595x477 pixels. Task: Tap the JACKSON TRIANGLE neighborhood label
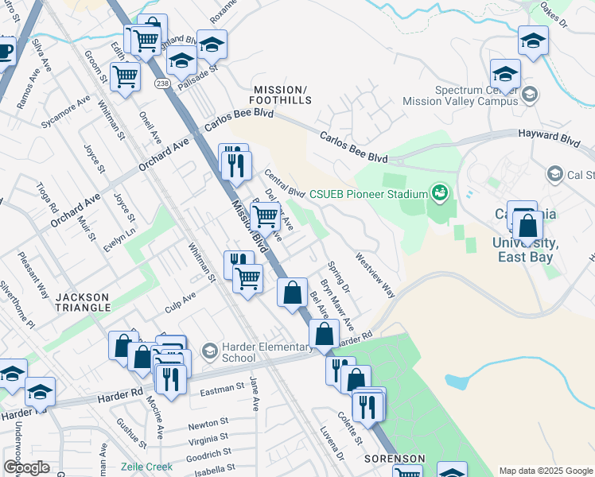[x=82, y=301]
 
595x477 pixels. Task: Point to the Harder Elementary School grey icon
[x=209, y=351]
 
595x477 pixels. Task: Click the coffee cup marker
[x=5, y=52]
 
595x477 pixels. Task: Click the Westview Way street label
[x=375, y=275]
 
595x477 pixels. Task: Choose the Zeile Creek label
[x=146, y=467]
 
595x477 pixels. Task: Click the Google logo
[x=26, y=467]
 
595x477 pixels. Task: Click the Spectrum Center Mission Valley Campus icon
[x=531, y=95]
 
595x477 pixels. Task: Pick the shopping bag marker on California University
[x=527, y=227]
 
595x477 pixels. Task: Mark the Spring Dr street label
[x=339, y=277]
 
